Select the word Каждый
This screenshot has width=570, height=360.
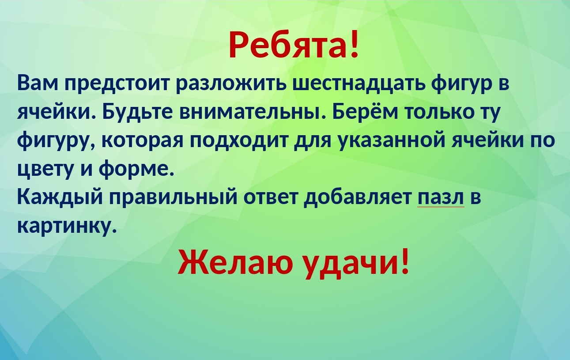click(x=60, y=197)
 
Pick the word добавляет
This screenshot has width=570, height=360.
click(x=358, y=197)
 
